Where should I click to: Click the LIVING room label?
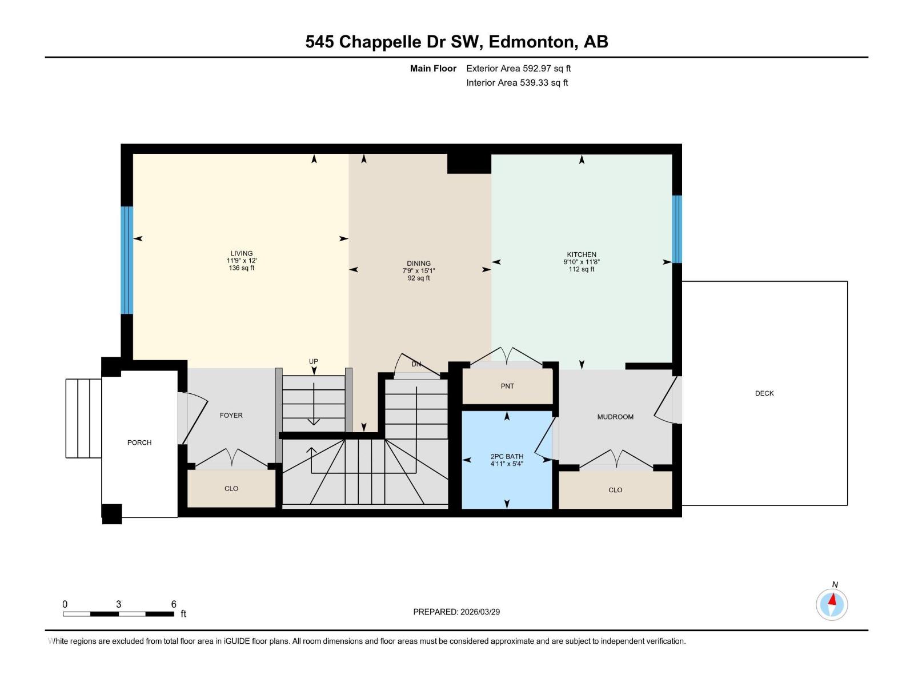pyautogui.click(x=241, y=253)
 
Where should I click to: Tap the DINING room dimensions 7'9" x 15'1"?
pyautogui.click(x=418, y=271)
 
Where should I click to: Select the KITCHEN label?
pyautogui.click(x=581, y=254)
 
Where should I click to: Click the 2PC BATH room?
pyautogui.click(x=506, y=460)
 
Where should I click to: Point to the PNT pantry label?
pyautogui.click(x=507, y=386)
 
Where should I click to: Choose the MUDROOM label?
pyautogui.click(x=615, y=417)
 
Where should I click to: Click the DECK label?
pyautogui.click(x=764, y=393)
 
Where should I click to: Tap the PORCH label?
pyautogui.click(x=139, y=442)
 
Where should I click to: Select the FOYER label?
pyautogui.click(x=231, y=416)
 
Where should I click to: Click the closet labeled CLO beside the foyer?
pyautogui.click(x=231, y=489)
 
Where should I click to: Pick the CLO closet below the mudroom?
pyautogui.click(x=615, y=490)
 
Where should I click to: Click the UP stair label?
pyautogui.click(x=313, y=361)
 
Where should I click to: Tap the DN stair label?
pyautogui.click(x=416, y=364)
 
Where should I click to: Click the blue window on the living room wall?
pyautogui.click(x=126, y=260)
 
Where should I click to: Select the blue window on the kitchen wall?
pyautogui.click(x=677, y=229)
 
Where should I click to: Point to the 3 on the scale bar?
pyautogui.click(x=118, y=604)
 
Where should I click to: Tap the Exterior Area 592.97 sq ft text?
pyautogui.click(x=518, y=69)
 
